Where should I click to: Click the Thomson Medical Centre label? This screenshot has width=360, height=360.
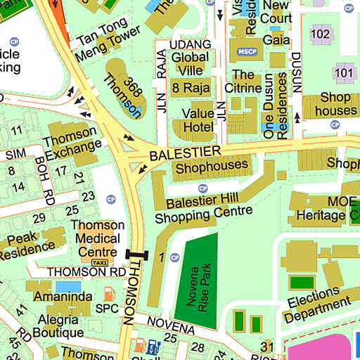pos(98,239)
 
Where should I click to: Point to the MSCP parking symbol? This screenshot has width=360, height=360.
pos(247,51)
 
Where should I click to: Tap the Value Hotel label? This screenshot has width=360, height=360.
pos(198,120)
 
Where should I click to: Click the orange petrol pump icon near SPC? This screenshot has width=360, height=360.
pos(108,293)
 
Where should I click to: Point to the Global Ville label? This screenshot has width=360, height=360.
pos(191,64)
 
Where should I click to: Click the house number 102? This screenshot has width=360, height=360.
pos(321,34)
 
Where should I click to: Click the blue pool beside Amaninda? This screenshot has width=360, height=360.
pos(68,287)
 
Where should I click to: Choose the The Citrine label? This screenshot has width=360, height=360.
pos(243,81)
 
